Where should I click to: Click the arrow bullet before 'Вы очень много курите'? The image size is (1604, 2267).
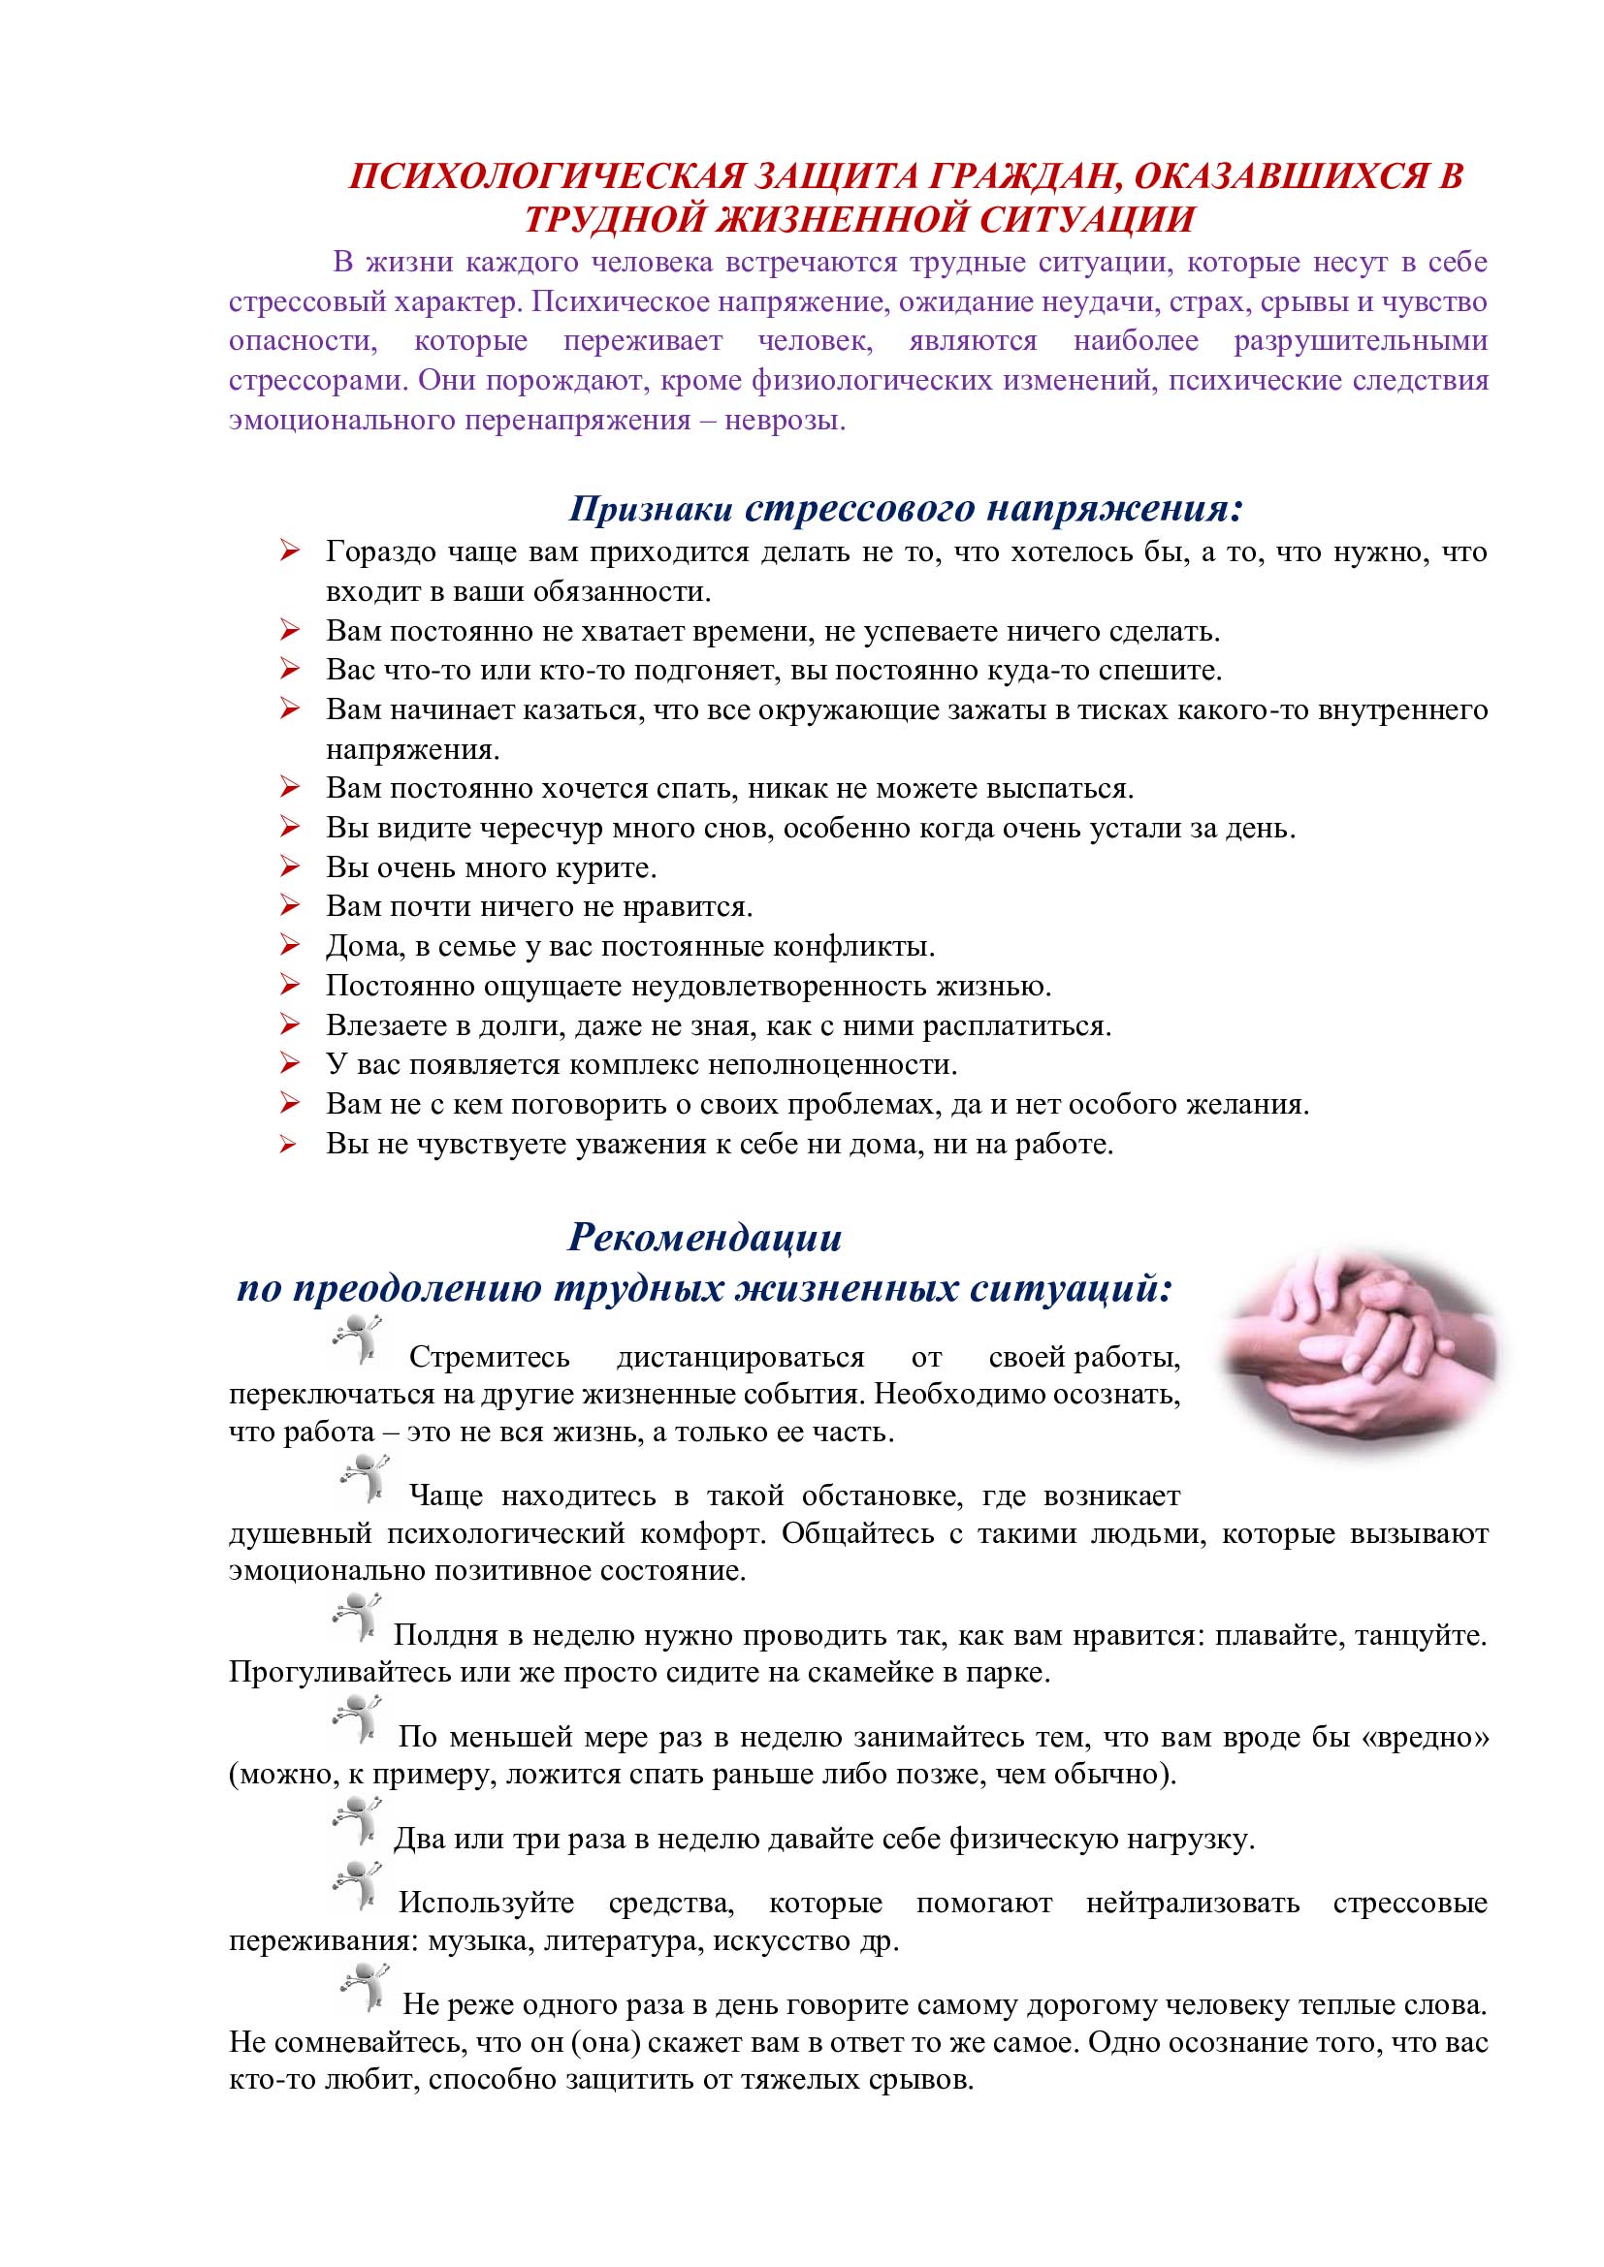coord(289,866)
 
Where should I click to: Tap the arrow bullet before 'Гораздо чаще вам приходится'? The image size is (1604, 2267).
coord(289,551)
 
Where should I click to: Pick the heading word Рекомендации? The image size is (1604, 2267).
coord(704,1237)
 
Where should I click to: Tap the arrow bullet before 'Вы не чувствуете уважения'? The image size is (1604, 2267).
coord(289,1145)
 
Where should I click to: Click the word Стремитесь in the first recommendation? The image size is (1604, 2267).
coord(489,1358)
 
